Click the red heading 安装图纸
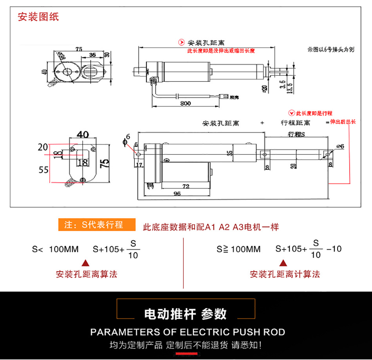coord(38,18)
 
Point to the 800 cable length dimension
coord(185,104)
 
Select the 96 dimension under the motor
coord(177,194)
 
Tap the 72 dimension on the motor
coord(186,186)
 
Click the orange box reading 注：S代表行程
coord(97,225)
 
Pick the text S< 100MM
coord(55,249)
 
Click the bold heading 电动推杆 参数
coord(186,314)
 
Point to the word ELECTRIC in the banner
coord(204,332)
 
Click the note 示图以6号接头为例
coord(331,50)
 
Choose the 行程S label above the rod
coord(296,134)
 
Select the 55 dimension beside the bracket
coord(43,169)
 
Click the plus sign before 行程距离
coord(262,122)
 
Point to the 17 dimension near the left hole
coord(139,165)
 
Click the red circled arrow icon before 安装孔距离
coord(181,42)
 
